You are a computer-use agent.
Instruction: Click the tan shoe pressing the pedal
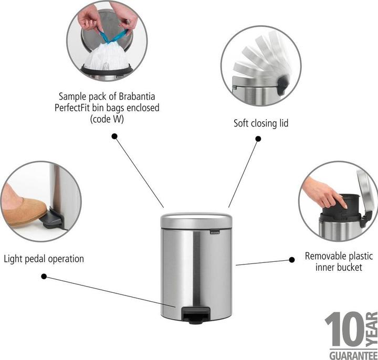tap(21, 209)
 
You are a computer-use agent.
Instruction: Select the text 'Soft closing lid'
tap(261, 124)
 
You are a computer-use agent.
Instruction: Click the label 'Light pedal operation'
tap(44, 259)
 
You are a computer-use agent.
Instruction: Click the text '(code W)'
tap(109, 119)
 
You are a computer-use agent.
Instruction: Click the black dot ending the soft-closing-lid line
tap(258, 139)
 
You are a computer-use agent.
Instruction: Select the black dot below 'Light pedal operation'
tap(44, 276)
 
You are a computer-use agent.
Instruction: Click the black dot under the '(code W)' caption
tap(114, 135)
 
